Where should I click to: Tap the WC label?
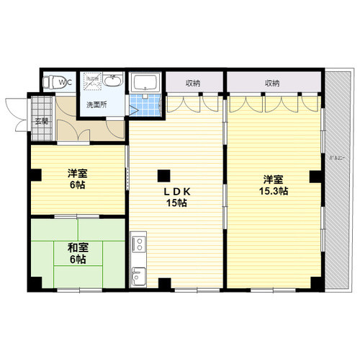tap(66, 83)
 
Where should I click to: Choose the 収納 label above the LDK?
tap(193, 83)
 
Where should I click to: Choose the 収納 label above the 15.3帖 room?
tap(271, 83)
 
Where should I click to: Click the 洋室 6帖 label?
tap(77, 179)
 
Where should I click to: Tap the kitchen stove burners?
tap(138, 244)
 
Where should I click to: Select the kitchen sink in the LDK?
tap(138, 274)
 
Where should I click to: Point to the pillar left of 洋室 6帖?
tap(33, 174)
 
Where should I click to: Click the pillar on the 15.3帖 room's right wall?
tap(315, 175)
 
